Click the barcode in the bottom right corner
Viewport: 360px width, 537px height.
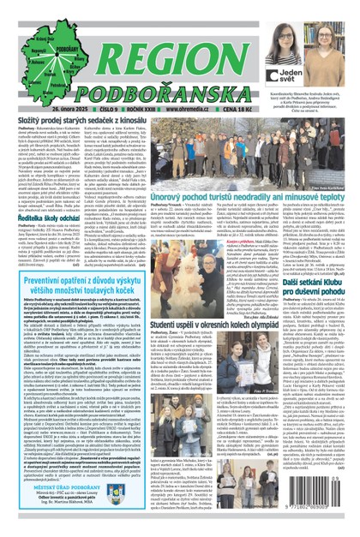click(x=318, y=511)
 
